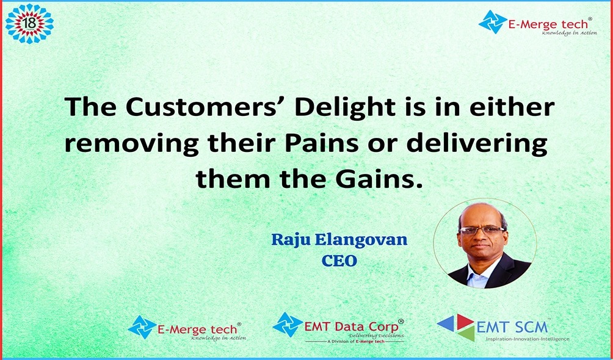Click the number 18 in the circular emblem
click(30, 23)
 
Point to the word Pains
click(321, 144)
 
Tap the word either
click(512, 107)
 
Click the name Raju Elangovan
click(339, 239)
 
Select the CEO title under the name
click(339, 261)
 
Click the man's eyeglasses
click(482, 230)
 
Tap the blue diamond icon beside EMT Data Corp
click(288, 325)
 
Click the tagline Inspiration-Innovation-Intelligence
click(528, 339)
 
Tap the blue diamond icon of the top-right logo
click(493, 22)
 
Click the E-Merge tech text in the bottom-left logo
click(197, 329)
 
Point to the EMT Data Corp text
click(351, 326)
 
